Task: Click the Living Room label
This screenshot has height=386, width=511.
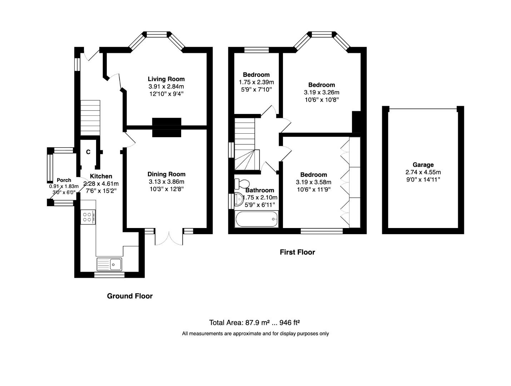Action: tap(166, 79)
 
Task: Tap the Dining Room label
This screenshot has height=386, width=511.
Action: tap(166, 174)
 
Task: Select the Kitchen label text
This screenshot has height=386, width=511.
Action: tap(101, 176)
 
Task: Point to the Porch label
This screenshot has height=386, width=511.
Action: tap(64, 180)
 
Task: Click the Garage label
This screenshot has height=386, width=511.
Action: tap(423, 165)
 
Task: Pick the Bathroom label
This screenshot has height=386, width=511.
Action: tap(259, 190)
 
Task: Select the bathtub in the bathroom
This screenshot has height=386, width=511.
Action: tap(256, 219)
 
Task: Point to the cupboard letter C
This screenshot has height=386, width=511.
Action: tap(88, 152)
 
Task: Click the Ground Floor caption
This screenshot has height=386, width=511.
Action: tap(130, 296)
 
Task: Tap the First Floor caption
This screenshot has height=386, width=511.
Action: tap(297, 252)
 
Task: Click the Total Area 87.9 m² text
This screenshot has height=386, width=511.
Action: tap(254, 323)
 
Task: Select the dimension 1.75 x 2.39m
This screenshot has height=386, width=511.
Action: tap(256, 82)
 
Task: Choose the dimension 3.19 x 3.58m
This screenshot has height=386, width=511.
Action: tap(313, 182)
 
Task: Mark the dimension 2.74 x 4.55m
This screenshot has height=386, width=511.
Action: tap(423, 172)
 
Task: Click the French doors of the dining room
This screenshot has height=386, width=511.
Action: tap(169, 238)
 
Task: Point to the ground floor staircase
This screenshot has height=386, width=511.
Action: tap(90, 118)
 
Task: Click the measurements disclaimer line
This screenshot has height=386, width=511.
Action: tap(255, 334)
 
